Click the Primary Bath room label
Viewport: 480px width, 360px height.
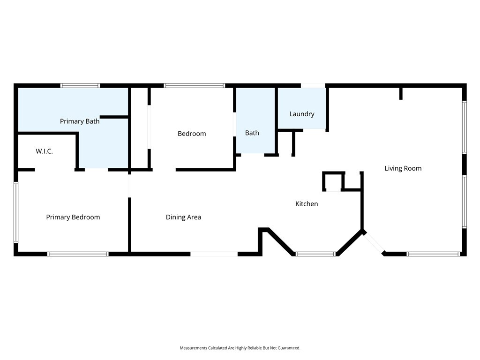80,121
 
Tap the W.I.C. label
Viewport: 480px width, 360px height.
44,151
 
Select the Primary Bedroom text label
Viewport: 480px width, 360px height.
73,217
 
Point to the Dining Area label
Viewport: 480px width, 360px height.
183,217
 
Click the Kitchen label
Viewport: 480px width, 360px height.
307,204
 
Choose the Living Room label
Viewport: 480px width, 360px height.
403,168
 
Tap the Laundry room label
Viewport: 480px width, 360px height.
301,114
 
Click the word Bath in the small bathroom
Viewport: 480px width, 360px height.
252,133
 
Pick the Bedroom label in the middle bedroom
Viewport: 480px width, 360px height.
192,134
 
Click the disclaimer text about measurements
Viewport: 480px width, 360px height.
240,348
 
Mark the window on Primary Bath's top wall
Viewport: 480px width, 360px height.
80,86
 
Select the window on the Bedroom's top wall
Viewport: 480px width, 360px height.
195,86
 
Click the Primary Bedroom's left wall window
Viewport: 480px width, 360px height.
16,212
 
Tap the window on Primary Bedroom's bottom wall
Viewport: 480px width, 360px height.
78,254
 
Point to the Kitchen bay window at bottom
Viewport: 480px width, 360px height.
316,254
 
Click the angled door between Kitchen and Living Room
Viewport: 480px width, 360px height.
374,242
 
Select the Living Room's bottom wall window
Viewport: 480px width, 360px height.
434,254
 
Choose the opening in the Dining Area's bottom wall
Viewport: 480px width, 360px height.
214,254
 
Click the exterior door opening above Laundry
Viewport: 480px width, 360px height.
313,86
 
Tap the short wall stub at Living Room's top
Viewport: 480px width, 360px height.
401,93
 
